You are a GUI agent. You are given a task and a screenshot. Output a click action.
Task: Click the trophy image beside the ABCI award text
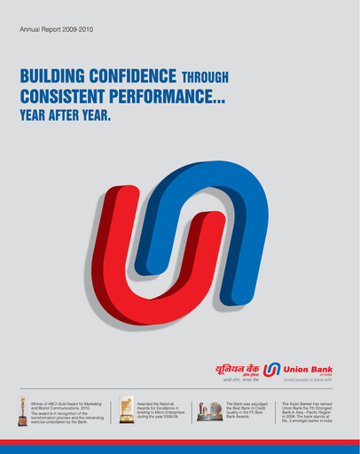pyautogui.click(x=23, y=409)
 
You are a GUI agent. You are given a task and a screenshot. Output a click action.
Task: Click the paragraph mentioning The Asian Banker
pyautogui.click(x=314, y=410)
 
